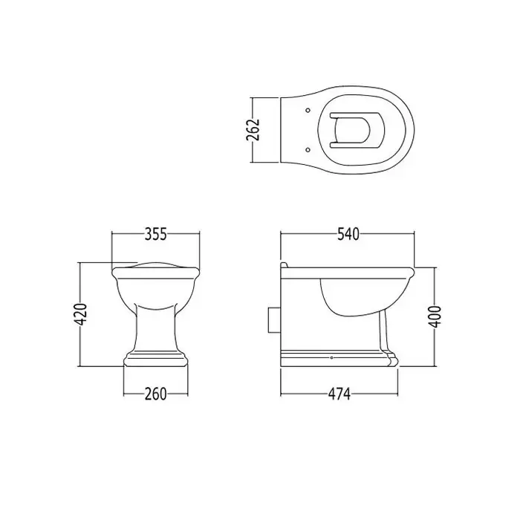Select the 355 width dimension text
[156, 234]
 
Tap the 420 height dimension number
[80, 314]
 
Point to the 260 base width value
[156, 394]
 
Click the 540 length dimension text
[348, 234]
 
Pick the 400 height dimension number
[435, 316]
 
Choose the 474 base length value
[339, 394]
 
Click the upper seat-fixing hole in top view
[308, 110]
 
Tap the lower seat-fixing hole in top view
[308, 149]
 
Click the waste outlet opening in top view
[357, 130]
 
